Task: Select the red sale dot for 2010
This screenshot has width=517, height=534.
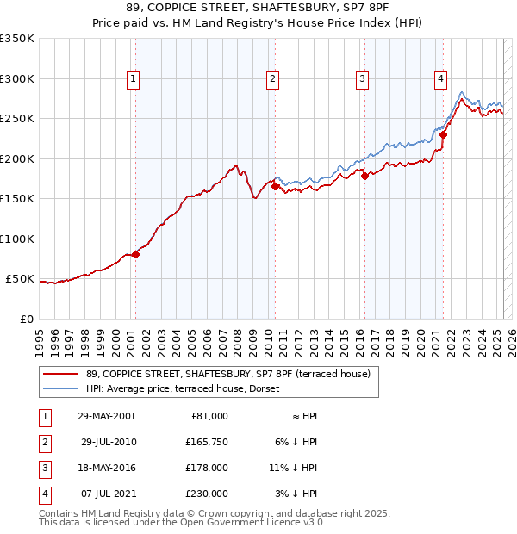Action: (x=275, y=186)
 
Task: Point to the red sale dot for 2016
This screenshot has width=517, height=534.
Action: (x=364, y=176)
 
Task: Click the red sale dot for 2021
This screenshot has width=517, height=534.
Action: (x=443, y=134)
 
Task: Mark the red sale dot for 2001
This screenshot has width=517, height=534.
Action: (x=135, y=254)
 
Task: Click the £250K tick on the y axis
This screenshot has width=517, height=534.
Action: (x=16, y=119)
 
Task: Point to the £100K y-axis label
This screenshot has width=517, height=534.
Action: (x=16, y=239)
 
